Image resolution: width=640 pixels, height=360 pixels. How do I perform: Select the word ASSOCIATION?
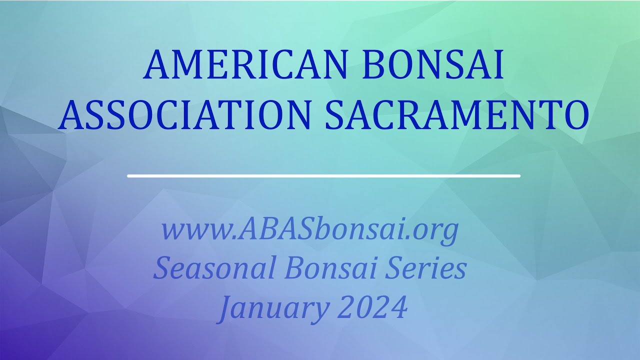(x=184, y=115)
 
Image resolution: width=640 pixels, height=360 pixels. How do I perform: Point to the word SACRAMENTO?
(x=457, y=115)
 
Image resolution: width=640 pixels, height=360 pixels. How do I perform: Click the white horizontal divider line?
(x=323, y=176)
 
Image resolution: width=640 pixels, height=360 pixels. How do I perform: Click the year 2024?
(x=372, y=307)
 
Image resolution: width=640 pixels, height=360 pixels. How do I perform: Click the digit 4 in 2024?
(x=398, y=307)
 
